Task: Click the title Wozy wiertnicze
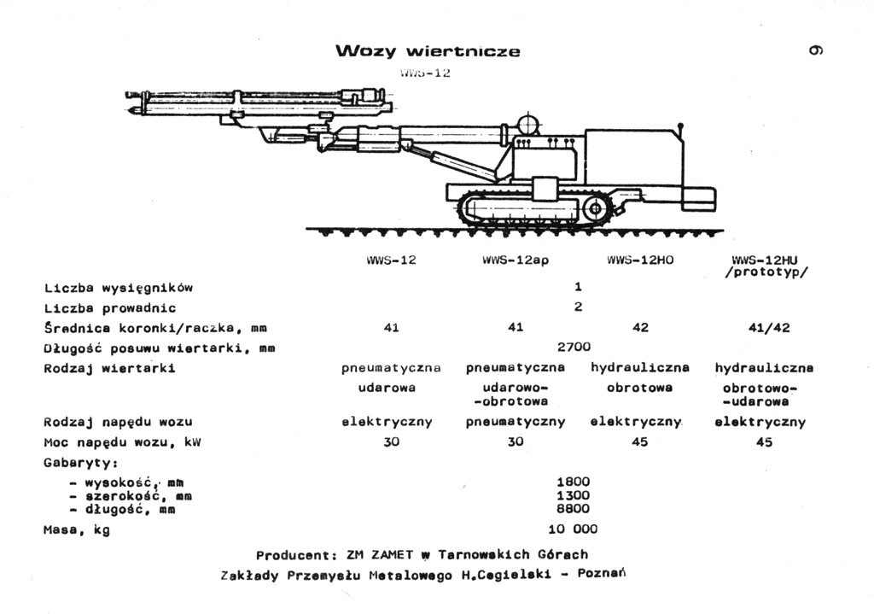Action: pyautogui.click(x=428, y=51)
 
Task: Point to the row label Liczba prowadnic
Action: pyautogui.click(x=110, y=307)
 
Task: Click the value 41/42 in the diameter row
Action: pyautogui.click(x=764, y=327)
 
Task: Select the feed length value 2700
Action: pyautogui.click(x=574, y=347)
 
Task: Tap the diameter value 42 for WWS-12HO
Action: pyautogui.click(x=641, y=327)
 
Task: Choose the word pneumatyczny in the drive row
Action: pyautogui.click(x=516, y=422)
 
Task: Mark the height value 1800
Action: pyautogui.click(x=574, y=482)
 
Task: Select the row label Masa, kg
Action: pyautogui.click(x=77, y=529)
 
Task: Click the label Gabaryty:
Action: pyautogui.click(x=80, y=462)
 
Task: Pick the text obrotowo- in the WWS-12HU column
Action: pyautogui.click(x=764, y=389)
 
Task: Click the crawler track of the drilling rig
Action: pyautogui.click(x=533, y=211)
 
